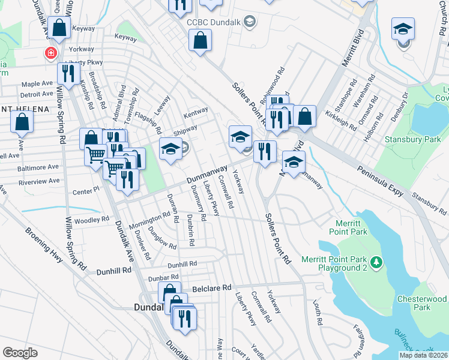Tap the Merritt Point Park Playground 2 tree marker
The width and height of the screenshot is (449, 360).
pyautogui.click(x=376, y=262)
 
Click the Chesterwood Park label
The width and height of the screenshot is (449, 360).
pyautogui.click(x=422, y=303)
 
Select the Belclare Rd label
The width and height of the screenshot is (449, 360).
pyautogui.click(x=211, y=288)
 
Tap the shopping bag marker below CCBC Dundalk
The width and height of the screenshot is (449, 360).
pyautogui.click(x=200, y=41)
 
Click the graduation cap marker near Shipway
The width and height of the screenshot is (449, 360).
pyautogui.click(x=170, y=149)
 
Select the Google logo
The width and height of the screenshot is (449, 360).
pyautogui.click(x=20, y=353)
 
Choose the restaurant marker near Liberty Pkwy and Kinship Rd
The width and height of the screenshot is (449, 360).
pyautogui.click(x=68, y=73)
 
